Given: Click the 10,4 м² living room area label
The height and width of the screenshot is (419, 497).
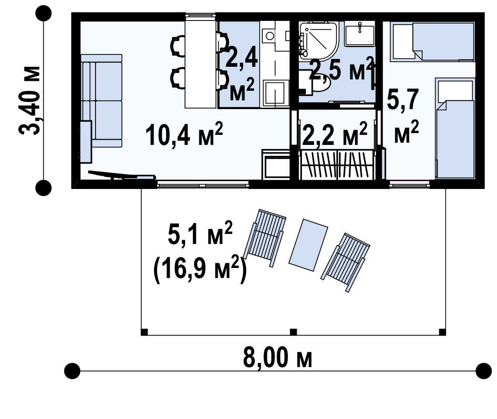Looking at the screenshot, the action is [184, 135].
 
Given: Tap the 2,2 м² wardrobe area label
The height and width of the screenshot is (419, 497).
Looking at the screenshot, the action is [335, 134].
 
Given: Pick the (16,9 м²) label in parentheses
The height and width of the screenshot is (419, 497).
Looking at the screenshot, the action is [200, 269].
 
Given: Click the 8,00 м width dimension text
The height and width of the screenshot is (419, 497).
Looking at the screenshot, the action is [278, 357].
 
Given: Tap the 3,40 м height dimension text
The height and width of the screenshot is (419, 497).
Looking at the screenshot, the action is [30, 100].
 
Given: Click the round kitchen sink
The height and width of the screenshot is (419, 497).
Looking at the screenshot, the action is [270, 35].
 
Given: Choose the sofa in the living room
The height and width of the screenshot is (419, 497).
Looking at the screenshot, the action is [101, 100].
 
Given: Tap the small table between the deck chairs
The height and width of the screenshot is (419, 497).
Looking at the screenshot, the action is [308, 245].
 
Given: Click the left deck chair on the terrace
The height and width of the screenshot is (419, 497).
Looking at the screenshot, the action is [265, 238].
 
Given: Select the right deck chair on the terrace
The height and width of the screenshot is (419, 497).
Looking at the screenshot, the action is [346, 262].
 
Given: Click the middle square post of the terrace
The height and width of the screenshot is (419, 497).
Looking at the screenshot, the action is [294, 332].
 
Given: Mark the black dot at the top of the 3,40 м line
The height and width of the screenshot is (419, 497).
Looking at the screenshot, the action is [44, 13].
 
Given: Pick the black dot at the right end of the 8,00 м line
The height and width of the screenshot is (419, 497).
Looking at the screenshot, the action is [483, 371].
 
